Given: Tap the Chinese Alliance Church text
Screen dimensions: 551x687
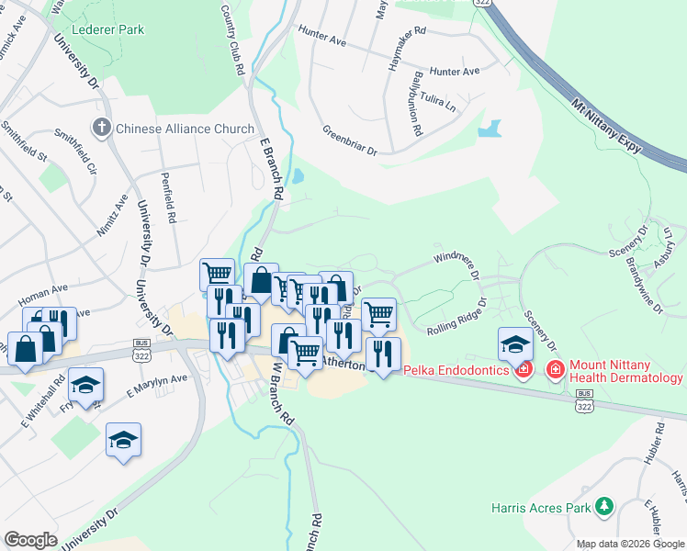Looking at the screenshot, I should (184, 129).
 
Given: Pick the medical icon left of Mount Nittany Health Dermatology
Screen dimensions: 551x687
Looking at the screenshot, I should (555, 370).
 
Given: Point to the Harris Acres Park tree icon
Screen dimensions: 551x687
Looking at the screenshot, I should (603, 505).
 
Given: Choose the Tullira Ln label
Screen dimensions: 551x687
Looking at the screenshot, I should (438, 101).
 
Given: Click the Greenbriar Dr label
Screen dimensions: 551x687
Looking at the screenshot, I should (350, 141).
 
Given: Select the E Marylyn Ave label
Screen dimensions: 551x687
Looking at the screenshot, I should (157, 384).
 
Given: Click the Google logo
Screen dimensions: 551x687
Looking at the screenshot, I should (31, 540).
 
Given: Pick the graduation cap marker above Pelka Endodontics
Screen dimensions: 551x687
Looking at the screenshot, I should (515, 345).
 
